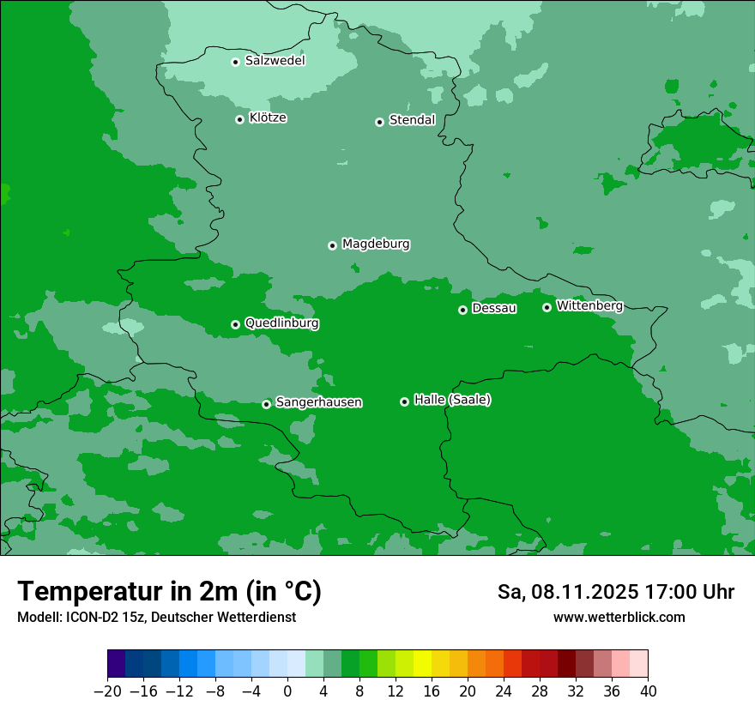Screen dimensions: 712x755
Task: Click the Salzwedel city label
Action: point(275,61)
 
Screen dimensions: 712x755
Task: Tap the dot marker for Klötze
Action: point(239,119)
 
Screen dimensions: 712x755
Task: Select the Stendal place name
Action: point(412,120)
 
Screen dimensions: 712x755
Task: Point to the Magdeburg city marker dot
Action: point(332,245)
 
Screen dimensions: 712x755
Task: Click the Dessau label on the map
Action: point(494,308)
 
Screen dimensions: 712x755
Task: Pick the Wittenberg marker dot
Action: point(547,307)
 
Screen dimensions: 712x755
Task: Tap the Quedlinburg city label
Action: point(281,323)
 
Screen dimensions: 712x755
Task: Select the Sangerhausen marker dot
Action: point(266,404)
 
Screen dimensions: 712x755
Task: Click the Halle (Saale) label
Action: point(452,400)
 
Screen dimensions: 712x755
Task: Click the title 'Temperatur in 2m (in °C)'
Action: point(169,592)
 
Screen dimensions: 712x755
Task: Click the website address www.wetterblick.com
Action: point(619,617)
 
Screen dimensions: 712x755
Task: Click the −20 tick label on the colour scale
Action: point(108,691)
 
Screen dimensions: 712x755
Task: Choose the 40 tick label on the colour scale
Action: point(648,691)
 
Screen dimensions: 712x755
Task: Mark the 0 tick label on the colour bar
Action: point(287,691)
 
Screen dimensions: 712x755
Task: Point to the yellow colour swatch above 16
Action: point(422,664)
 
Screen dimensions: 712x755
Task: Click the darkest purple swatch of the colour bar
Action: point(117,664)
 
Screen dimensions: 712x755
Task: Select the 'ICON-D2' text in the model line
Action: point(90,617)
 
